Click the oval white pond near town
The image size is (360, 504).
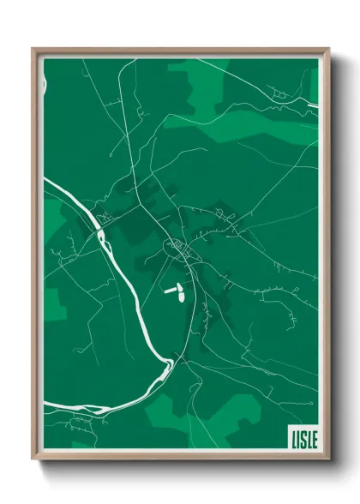182,297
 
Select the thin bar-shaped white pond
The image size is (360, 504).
171,290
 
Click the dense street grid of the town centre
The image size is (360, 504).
181,249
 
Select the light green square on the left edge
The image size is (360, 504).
53,304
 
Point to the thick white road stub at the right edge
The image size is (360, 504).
313,105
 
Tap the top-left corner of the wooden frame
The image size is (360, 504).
33,50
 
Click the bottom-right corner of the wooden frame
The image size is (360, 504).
329,459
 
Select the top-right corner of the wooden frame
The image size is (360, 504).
328,50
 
